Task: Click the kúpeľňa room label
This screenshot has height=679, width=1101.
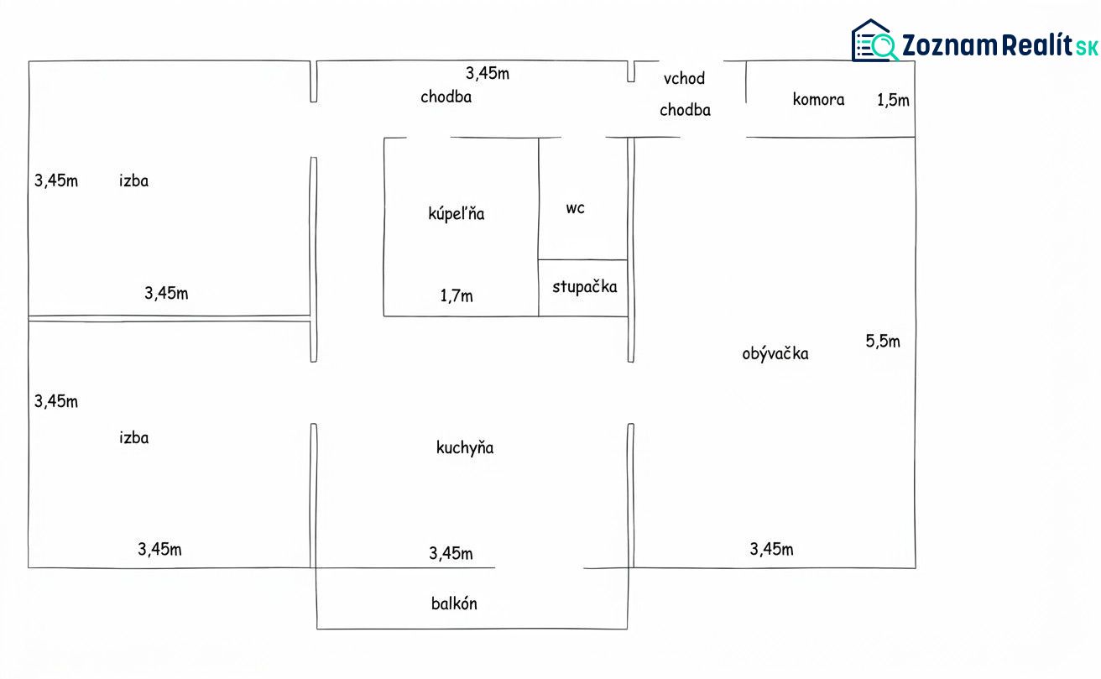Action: click(x=457, y=214)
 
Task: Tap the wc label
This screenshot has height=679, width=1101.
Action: click(x=575, y=208)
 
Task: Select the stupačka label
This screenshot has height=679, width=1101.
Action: click(x=584, y=287)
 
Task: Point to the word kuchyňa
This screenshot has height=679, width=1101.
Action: click(x=465, y=448)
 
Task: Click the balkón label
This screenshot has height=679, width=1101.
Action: click(x=454, y=603)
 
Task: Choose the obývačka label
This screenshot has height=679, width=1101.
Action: click(x=775, y=353)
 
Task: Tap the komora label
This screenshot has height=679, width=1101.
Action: click(x=818, y=99)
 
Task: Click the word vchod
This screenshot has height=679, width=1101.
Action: click(x=684, y=78)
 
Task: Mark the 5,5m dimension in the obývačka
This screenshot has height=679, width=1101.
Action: click(x=883, y=341)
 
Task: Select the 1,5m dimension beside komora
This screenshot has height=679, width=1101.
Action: click(x=893, y=101)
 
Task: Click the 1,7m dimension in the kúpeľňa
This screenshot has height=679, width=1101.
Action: click(x=457, y=295)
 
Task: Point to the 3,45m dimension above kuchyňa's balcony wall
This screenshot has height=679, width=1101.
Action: click(x=451, y=554)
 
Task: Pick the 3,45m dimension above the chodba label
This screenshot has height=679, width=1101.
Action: click(x=488, y=73)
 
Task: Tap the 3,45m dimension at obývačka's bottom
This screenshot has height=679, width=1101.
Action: click(x=771, y=549)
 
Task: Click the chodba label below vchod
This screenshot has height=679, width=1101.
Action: click(x=685, y=110)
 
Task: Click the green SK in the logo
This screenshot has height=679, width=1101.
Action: click(x=1086, y=48)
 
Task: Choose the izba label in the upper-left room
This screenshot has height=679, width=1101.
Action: click(x=133, y=180)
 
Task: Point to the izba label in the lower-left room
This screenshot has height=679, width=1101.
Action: click(x=133, y=437)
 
